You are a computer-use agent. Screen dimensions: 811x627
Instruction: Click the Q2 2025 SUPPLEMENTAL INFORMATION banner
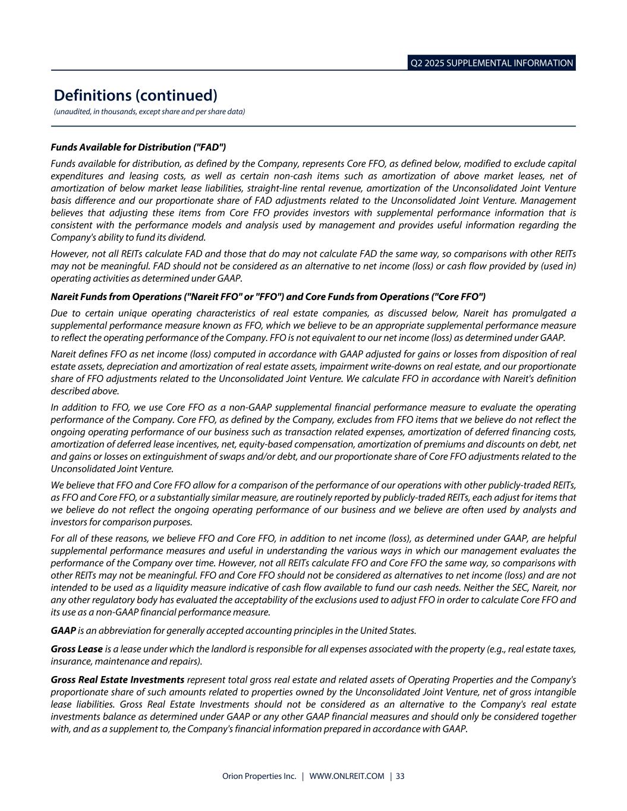pyautogui.click(x=491, y=63)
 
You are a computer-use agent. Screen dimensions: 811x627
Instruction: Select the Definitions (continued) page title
pyautogui.click(x=136, y=95)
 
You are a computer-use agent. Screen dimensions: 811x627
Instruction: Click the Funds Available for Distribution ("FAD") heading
pyautogui.click(x=138, y=147)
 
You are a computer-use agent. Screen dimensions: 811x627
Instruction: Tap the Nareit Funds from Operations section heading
pyautogui.click(x=268, y=296)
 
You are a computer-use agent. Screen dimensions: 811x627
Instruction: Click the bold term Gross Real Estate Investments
pyautogui.click(x=117, y=679)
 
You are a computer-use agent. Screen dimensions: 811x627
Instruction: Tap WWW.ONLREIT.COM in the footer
pyautogui.click(x=347, y=776)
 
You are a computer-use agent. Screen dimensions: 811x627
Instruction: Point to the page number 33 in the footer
pyautogui.click(x=400, y=776)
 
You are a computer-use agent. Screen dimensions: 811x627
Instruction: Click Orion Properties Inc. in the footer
pyautogui.click(x=259, y=776)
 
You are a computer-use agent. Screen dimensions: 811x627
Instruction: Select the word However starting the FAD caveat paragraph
pyautogui.click(x=70, y=254)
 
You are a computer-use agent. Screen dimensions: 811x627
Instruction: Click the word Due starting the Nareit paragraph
pyautogui.click(x=59, y=313)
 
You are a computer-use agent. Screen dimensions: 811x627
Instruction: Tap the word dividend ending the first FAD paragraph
pyautogui.click(x=190, y=238)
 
